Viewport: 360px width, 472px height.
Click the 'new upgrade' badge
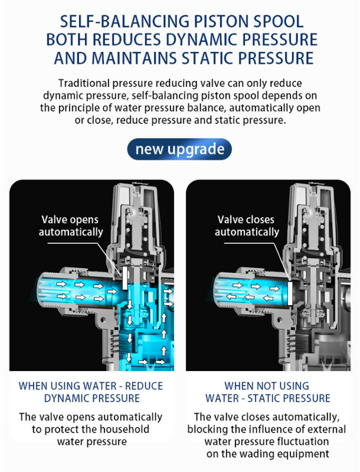click(x=179, y=149)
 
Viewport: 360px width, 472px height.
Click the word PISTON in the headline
click(x=221, y=21)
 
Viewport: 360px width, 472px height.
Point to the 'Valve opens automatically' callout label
click(x=70, y=226)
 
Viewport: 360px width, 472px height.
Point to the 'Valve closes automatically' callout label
click(x=247, y=226)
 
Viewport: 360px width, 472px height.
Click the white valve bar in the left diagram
click(x=125, y=278)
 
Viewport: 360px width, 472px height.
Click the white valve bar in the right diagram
click(x=290, y=293)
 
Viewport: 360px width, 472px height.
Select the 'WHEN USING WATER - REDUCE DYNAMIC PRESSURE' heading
click(x=91, y=392)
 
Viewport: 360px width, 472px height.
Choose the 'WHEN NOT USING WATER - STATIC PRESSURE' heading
click(x=267, y=392)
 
